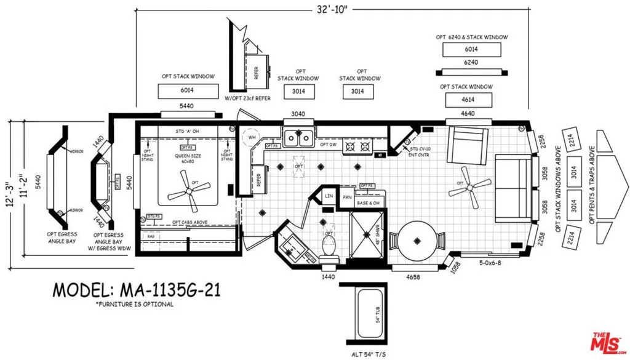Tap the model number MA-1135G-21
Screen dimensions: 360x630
136,289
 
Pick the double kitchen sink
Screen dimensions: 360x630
298,138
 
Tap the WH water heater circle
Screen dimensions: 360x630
252,137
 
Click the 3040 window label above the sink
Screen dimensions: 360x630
298,114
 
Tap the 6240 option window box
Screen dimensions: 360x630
471,63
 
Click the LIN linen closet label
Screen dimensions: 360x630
328,196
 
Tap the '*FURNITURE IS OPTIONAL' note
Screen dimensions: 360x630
134,304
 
